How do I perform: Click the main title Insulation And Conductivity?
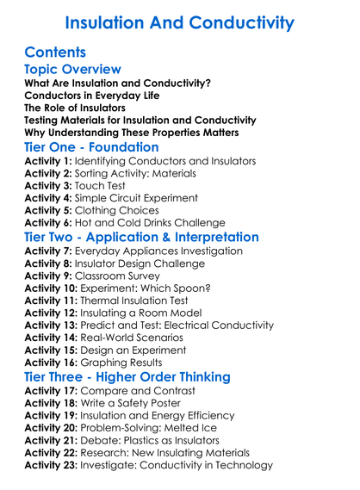coord(179,22)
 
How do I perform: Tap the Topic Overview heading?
coord(73,69)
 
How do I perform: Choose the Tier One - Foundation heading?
coord(91,147)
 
